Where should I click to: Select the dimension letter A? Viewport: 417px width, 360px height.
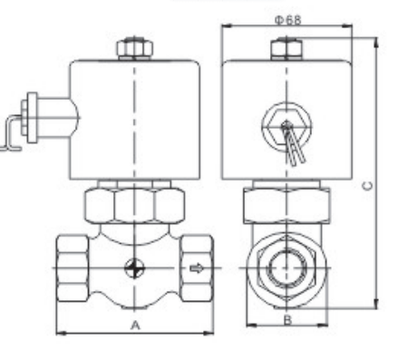point(134,324)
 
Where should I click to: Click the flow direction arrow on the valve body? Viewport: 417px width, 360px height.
point(194,268)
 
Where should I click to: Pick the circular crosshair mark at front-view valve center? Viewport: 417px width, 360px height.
point(133,268)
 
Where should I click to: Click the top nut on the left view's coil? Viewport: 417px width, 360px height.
point(134,45)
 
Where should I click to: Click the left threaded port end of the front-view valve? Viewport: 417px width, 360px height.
point(72,268)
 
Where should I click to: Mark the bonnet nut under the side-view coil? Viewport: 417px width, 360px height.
point(286,205)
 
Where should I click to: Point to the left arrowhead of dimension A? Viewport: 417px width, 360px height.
point(60,333)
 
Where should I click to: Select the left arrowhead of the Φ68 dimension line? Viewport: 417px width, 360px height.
point(227,27)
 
